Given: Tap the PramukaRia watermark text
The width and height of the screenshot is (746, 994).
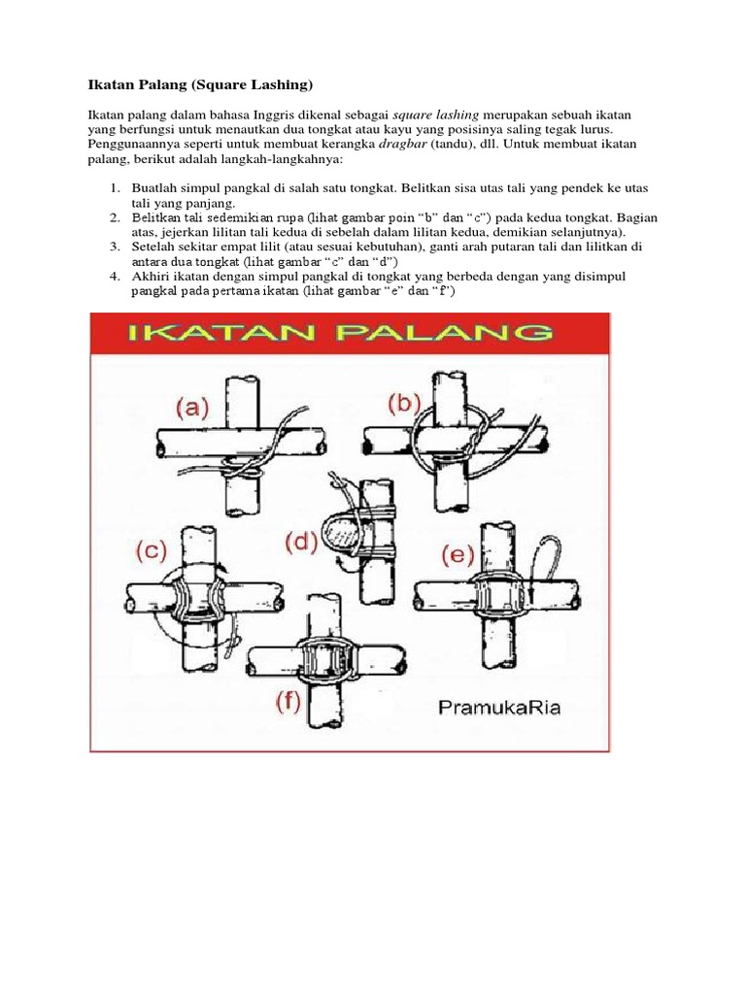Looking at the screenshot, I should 499,706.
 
